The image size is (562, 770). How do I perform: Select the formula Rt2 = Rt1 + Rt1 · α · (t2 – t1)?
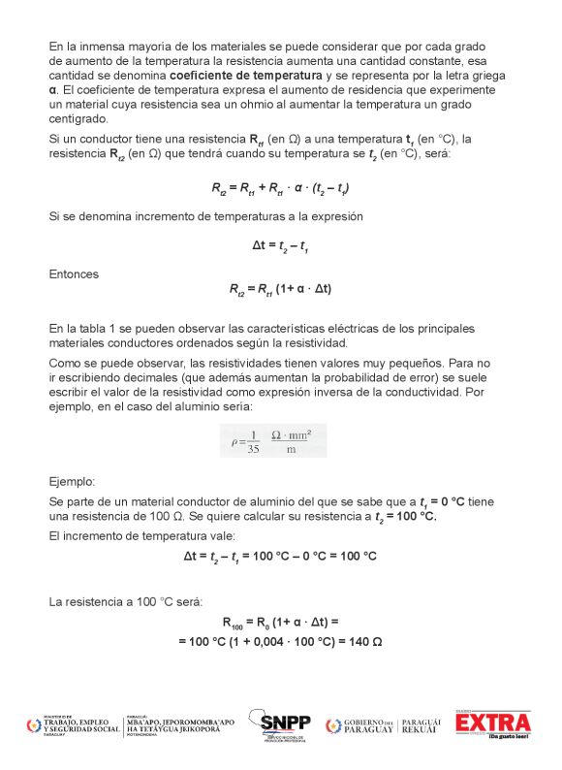point(280,189)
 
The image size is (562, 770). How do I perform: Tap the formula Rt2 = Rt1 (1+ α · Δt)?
point(280,288)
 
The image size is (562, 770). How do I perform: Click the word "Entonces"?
point(74,274)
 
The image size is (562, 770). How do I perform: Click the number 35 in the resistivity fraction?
point(254,448)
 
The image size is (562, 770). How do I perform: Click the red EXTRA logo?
point(493,723)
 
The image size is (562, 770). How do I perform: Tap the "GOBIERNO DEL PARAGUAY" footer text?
point(368,725)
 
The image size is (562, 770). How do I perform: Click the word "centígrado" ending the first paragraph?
point(78,117)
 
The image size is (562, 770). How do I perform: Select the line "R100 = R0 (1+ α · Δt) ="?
point(280,623)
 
